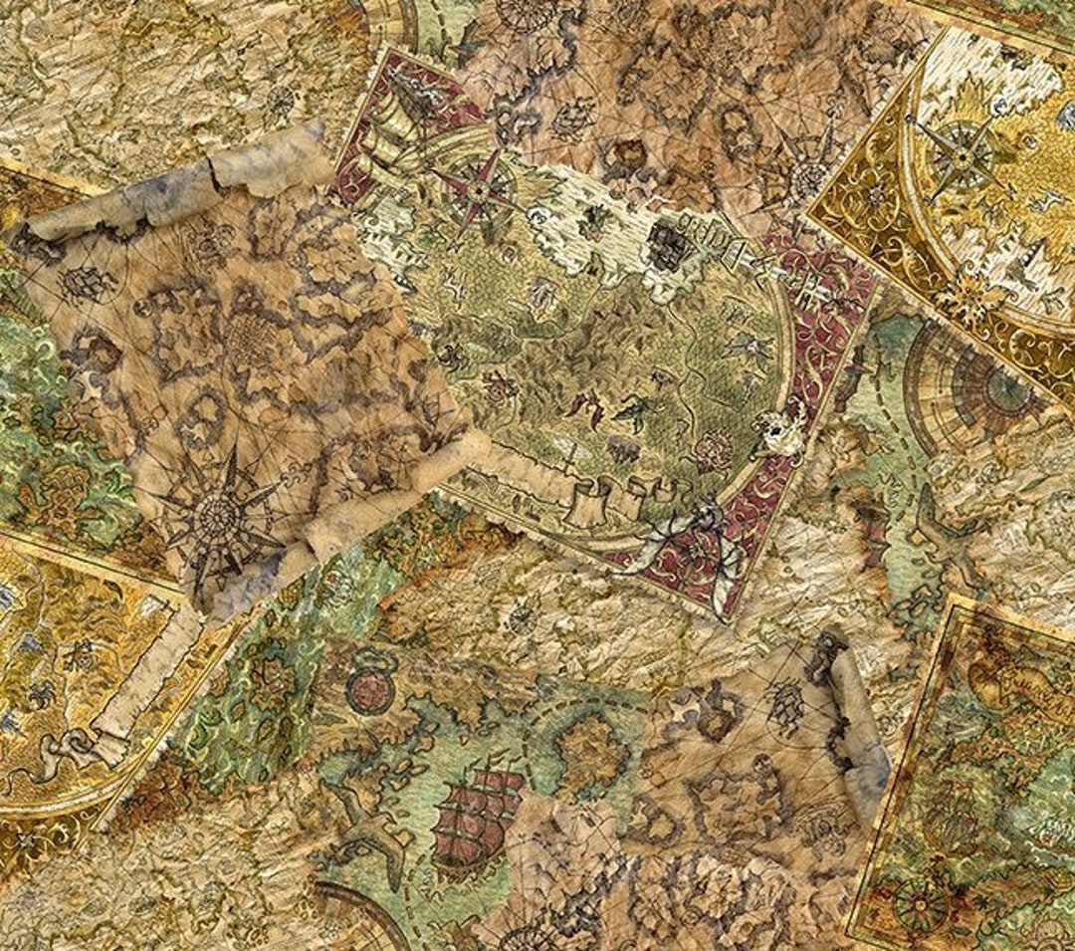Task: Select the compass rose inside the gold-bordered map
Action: pos(961,154)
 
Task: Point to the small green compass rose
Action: pos(921,902)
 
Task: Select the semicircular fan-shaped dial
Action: pos(961,383)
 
